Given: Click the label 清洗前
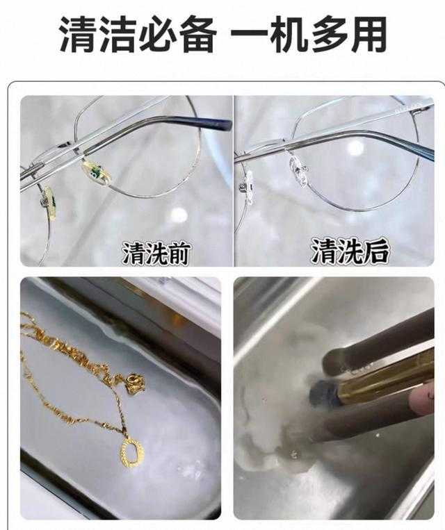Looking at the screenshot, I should coord(157,252).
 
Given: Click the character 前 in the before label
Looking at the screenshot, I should coord(182,252).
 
